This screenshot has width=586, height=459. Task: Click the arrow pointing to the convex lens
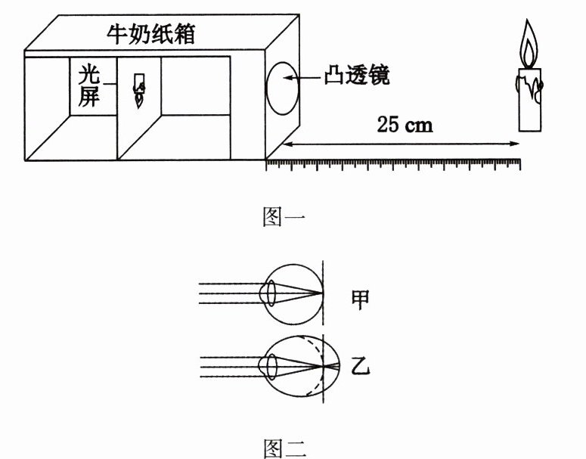click(310, 77)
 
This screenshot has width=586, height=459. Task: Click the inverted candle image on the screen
click(138, 90)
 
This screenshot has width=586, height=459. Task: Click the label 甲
click(360, 299)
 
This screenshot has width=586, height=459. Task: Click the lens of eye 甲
click(268, 293)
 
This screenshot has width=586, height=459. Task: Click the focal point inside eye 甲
click(322, 293)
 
